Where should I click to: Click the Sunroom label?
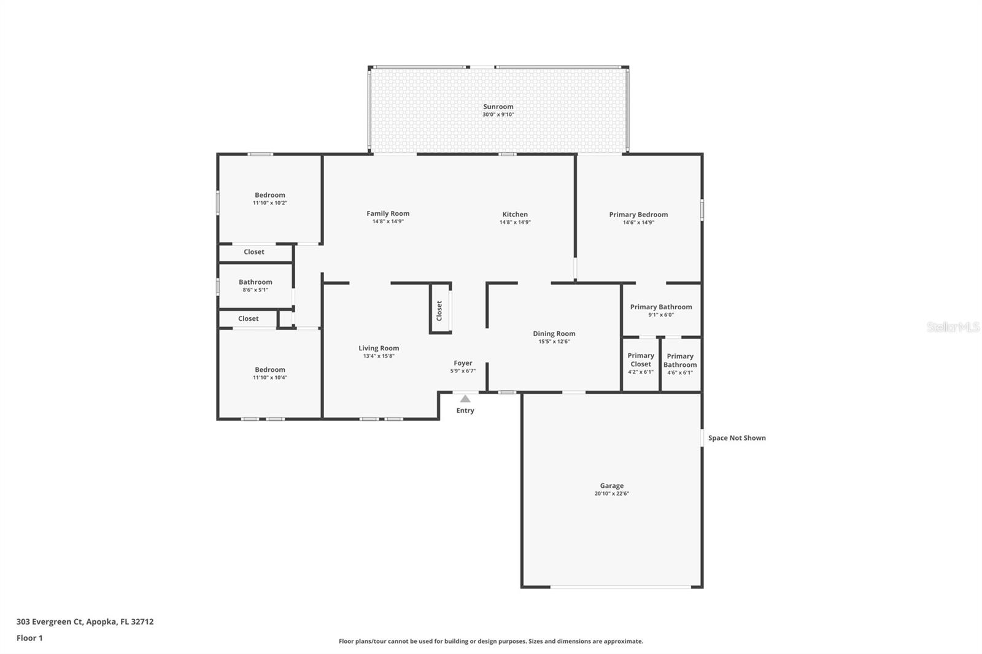pyautogui.click(x=498, y=107)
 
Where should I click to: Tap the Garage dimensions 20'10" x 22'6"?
pyautogui.click(x=611, y=494)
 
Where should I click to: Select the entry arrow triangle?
pyautogui.click(x=465, y=399)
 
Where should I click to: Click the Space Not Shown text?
pyautogui.click(x=736, y=438)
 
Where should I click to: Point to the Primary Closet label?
pyautogui.click(x=641, y=360)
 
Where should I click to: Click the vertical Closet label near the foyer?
pyautogui.click(x=439, y=311)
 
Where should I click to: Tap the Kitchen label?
pyautogui.click(x=515, y=215)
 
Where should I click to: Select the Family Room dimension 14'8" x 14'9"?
pyautogui.click(x=388, y=221)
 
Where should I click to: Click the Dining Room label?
pyautogui.click(x=554, y=334)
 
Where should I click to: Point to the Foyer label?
pyautogui.click(x=463, y=363)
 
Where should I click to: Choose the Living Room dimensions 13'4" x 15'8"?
pyautogui.click(x=379, y=356)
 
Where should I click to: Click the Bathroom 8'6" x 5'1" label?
pyautogui.click(x=255, y=282)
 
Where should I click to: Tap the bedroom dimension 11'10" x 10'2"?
pyautogui.click(x=270, y=203)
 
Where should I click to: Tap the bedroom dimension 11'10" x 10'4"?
pyautogui.click(x=270, y=378)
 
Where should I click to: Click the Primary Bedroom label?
pyautogui.click(x=638, y=215)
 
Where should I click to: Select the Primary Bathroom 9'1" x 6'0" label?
pyautogui.click(x=661, y=307)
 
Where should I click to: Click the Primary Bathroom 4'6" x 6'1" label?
pyautogui.click(x=680, y=361)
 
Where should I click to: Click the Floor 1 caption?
pyautogui.click(x=29, y=638)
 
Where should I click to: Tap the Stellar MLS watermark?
pyautogui.click(x=953, y=327)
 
